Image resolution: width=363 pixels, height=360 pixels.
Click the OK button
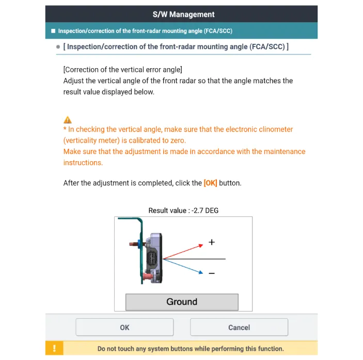(x=124, y=327)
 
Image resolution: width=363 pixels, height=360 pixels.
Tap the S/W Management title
(x=184, y=14)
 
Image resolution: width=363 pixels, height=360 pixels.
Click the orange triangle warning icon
(x=68, y=120)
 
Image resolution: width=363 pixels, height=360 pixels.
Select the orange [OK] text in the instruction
(x=210, y=183)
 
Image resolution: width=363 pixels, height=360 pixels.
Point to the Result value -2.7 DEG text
(x=183, y=210)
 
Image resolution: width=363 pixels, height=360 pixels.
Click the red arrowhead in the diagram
(x=201, y=245)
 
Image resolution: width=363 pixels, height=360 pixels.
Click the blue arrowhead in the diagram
(x=201, y=272)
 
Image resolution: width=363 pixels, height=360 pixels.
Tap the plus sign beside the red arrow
(x=212, y=242)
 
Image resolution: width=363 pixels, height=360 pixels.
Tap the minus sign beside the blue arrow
(x=212, y=273)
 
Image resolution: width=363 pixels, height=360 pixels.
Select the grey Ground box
(x=182, y=302)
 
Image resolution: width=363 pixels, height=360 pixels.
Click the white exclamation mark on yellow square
(x=54, y=348)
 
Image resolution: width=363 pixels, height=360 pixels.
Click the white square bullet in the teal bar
(x=53, y=31)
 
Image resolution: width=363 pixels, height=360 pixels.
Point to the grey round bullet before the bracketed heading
(x=58, y=47)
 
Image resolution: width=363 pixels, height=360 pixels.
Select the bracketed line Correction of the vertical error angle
(x=123, y=70)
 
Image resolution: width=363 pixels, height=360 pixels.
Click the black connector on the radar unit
(x=152, y=259)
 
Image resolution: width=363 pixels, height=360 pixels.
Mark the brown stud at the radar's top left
(x=134, y=244)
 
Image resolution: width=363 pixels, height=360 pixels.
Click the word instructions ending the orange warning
(x=83, y=163)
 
